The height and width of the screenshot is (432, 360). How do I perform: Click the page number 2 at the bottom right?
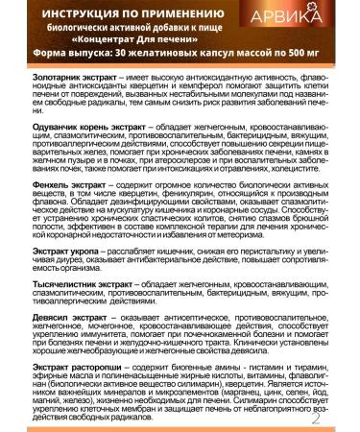[x=344, y=419]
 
